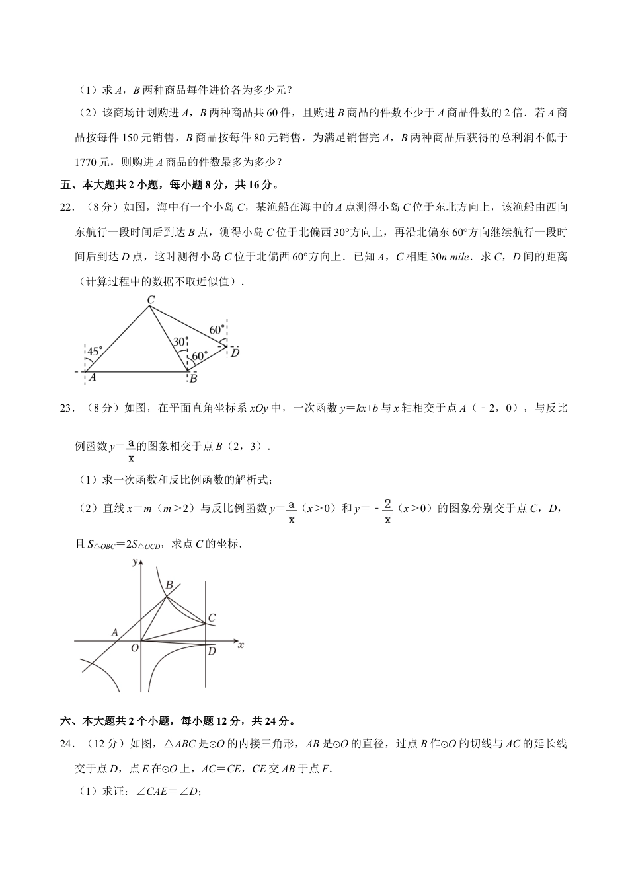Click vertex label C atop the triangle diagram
point(151,300)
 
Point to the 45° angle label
point(95,351)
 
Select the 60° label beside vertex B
point(200,356)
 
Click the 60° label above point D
point(217,330)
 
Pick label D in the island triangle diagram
point(235,353)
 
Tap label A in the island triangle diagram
point(93,377)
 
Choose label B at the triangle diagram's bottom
point(193,379)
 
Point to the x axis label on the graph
point(241,644)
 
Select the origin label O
point(134,648)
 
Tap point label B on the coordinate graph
point(169,585)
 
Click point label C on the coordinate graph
point(212,618)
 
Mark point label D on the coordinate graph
point(212,651)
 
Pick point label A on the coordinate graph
point(114,632)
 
